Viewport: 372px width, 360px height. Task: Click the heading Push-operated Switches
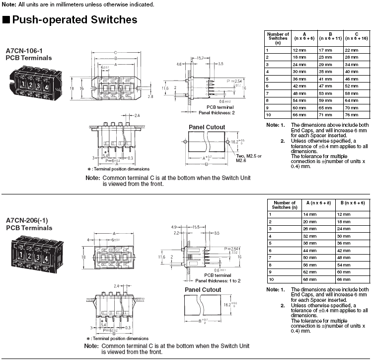pyautogui.click(x=74, y=20)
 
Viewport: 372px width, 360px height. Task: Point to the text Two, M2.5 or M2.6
pyautogui.click(x=248, y=158)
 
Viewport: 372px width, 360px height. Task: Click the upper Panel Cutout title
pyautogui.click(x=207, y=127)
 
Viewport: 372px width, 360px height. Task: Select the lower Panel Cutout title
pyautogui.click(x=203, y=290)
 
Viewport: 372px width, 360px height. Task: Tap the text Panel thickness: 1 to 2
pyautogui.click(x=218, y=280)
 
